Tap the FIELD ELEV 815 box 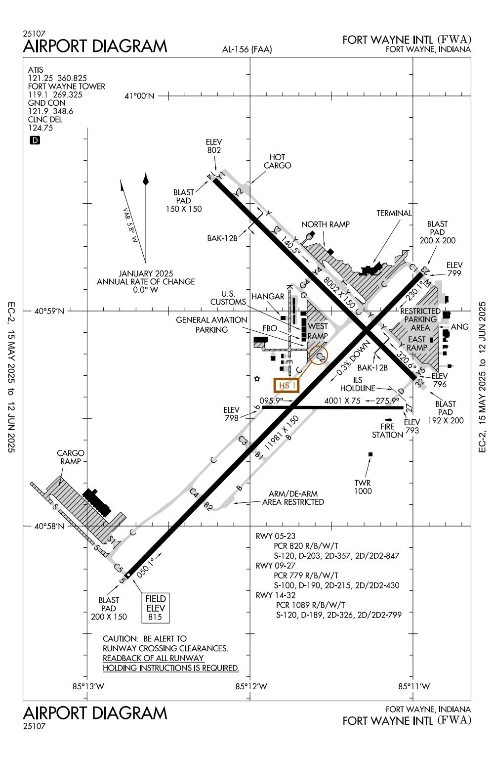155,608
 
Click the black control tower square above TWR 370,454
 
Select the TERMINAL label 394,213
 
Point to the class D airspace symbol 35,140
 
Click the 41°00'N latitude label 140,96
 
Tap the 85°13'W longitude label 88,686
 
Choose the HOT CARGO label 277,162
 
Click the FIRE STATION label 387,431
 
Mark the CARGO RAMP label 71,457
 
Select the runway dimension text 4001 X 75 342,401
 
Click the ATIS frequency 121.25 41,78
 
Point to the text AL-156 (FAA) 247,49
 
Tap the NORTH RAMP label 325,224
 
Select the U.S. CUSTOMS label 228,298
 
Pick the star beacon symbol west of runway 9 257,379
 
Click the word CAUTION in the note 118,638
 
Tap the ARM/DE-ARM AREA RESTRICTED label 293,498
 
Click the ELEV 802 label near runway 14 213,146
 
